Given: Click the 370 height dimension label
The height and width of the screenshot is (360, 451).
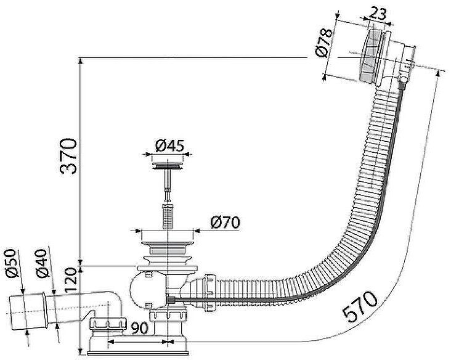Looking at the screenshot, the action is (68, 156).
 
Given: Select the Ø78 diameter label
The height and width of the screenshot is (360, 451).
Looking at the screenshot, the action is (324, 43).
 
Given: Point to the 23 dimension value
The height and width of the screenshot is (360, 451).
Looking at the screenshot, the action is (377, 14).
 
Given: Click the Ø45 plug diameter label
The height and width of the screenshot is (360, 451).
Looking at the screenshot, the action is (169, 146).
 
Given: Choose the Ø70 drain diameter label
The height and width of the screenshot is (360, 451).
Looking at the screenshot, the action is (225, 222).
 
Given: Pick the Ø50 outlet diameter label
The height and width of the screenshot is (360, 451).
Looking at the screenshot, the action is (12, 263).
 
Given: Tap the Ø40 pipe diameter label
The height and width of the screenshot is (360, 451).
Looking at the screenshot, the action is (41, 263).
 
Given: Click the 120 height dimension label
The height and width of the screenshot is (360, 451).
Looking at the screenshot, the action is (71, 280).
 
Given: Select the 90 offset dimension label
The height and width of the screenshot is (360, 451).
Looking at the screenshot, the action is (139, 328).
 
